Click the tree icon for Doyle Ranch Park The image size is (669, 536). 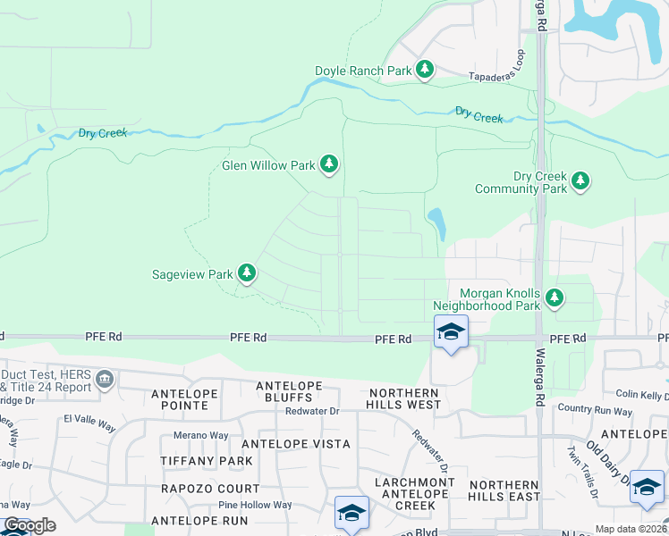click(425, 70)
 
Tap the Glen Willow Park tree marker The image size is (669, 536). click(330, 163)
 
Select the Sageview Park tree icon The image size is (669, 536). click(247, 273)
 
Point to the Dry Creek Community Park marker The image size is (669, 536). click(580, 180)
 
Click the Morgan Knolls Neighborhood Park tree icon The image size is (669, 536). click(555, 297)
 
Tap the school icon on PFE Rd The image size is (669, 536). click(451, 333)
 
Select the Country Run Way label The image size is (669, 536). click(594, 411)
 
